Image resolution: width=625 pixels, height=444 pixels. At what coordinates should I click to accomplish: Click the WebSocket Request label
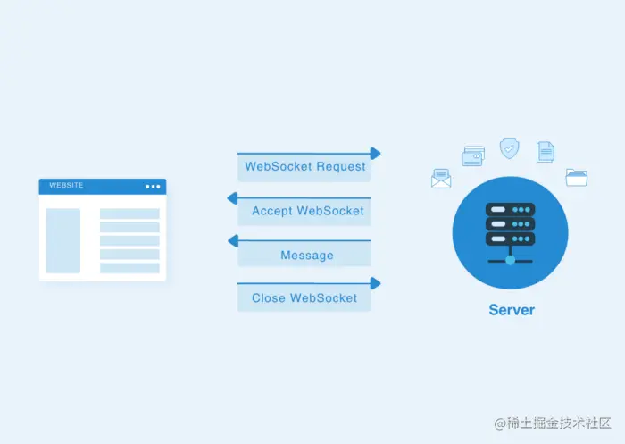[304, 167]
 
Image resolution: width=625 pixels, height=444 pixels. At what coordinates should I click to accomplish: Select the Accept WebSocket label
[307, 211]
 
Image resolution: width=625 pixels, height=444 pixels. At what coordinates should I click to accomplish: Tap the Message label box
[306, 256]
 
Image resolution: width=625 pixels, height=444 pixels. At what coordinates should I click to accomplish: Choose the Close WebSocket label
[304, 298]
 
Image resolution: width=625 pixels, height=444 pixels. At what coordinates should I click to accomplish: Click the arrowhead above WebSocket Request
[376, 154]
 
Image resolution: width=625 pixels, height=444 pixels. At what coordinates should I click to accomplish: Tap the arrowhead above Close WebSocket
[376, 283]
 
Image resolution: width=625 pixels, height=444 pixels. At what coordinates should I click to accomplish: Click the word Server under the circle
[512, 310]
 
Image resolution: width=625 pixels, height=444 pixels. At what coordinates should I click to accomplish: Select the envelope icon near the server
[442, 179]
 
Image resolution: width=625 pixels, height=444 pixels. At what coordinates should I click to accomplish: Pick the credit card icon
[473, 157]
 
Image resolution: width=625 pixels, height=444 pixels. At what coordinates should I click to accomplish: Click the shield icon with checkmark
[509, 147]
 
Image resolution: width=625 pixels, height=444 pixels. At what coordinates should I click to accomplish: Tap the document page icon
[546, 152]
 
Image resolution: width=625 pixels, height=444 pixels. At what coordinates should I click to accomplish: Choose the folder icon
[577, 177]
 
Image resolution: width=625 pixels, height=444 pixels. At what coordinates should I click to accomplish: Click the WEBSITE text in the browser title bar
[66, 186]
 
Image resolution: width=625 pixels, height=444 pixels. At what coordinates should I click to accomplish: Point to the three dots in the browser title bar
[153, 187]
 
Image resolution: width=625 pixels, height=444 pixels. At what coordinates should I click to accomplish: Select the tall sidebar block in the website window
[63, 241]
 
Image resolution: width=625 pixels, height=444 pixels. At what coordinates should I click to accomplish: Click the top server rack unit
[510, 209]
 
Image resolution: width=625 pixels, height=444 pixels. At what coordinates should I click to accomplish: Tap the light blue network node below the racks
[510, 261]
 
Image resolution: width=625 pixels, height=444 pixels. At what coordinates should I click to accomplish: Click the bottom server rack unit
[510, 239]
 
